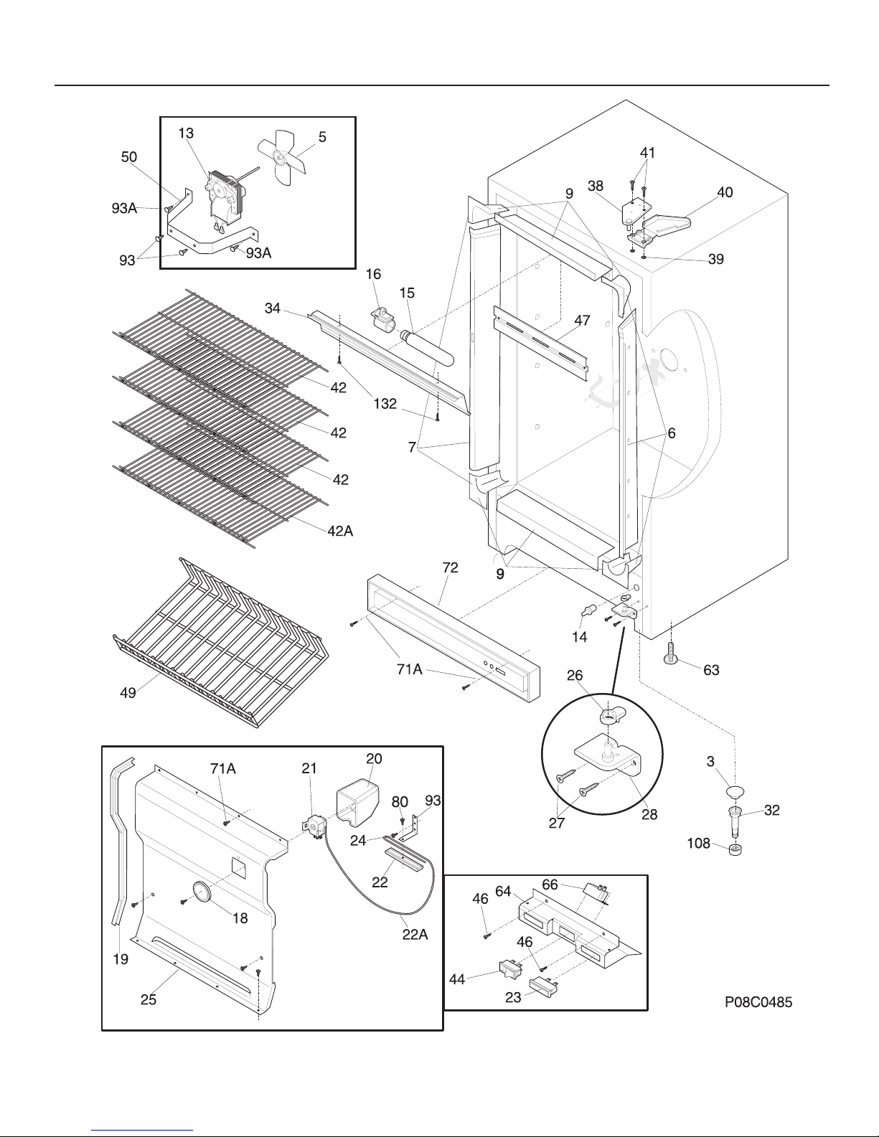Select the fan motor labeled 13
(225, 199)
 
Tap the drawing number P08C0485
(758, 1002)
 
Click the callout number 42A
(340, 531)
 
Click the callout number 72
(450, 567)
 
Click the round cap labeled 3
(735, 791)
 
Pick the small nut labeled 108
(735, 848)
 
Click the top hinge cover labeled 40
(666, 222)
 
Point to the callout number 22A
(415, 934)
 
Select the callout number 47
(582, 320)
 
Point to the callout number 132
(385, 403)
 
